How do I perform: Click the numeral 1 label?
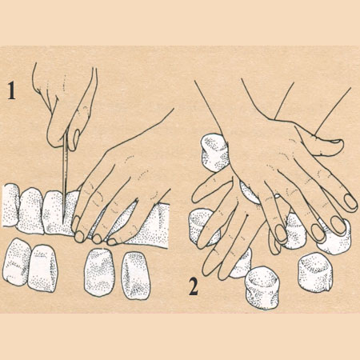pos(10,90)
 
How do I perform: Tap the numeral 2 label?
pos(194,286)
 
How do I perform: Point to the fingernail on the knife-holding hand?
pos(76,138)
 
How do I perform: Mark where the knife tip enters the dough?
pos(63,223)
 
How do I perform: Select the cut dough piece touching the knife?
pos(54,212)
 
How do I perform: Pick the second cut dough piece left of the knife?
pos(31,210)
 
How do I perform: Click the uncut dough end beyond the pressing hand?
pos(154,226)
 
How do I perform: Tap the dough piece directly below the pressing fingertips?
pos(98,272)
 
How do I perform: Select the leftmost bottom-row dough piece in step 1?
pos(16,262)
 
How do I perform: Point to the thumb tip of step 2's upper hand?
pos(337,143)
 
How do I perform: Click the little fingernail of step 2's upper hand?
pos(350,202)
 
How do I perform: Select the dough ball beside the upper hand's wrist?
pos(214,153)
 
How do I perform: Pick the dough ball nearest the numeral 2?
pos(262,288)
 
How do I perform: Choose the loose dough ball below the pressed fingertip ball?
pos(315,272)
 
